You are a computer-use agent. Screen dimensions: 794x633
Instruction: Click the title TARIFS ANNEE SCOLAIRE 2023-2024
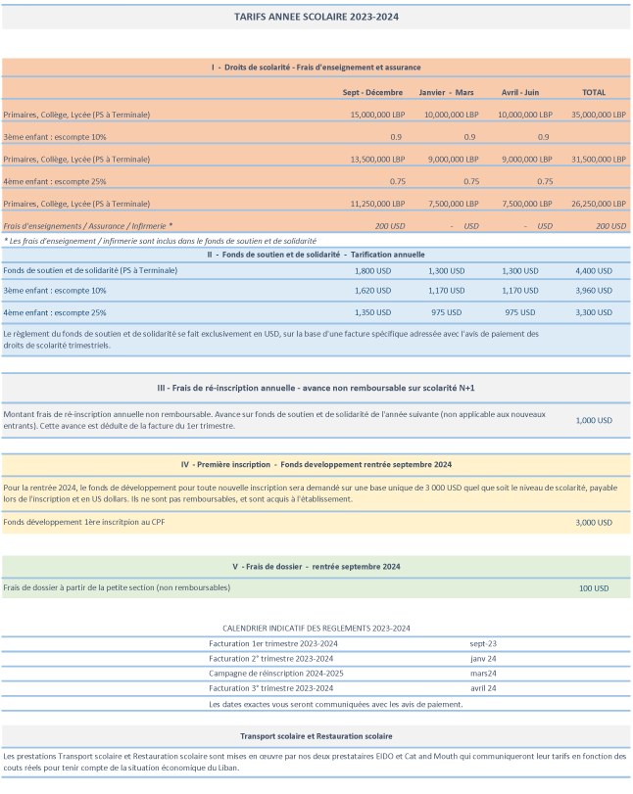pos(316,17)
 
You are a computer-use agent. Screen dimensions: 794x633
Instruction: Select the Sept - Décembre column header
pos(373,92)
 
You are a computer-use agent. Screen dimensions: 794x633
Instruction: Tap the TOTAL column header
pos(594,92)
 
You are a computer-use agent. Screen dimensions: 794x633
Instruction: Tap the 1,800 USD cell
pos(372,269)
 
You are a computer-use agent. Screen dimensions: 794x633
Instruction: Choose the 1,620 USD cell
pos(372,291)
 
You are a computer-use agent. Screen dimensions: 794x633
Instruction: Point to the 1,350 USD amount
pos(372,312)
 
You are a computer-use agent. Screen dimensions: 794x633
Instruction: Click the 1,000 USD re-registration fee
pos(593,420)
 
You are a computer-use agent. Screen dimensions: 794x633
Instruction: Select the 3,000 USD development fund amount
pos(593,523)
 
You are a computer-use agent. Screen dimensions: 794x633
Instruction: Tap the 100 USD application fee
pos(594,587)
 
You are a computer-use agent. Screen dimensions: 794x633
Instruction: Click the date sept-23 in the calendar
pos(483,643)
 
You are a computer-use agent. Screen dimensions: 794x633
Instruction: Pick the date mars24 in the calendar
pos(483,674)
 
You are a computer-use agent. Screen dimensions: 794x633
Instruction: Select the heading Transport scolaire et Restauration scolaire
pos(316,735)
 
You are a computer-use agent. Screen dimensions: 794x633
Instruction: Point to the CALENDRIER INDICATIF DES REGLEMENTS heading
pos(316,628)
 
